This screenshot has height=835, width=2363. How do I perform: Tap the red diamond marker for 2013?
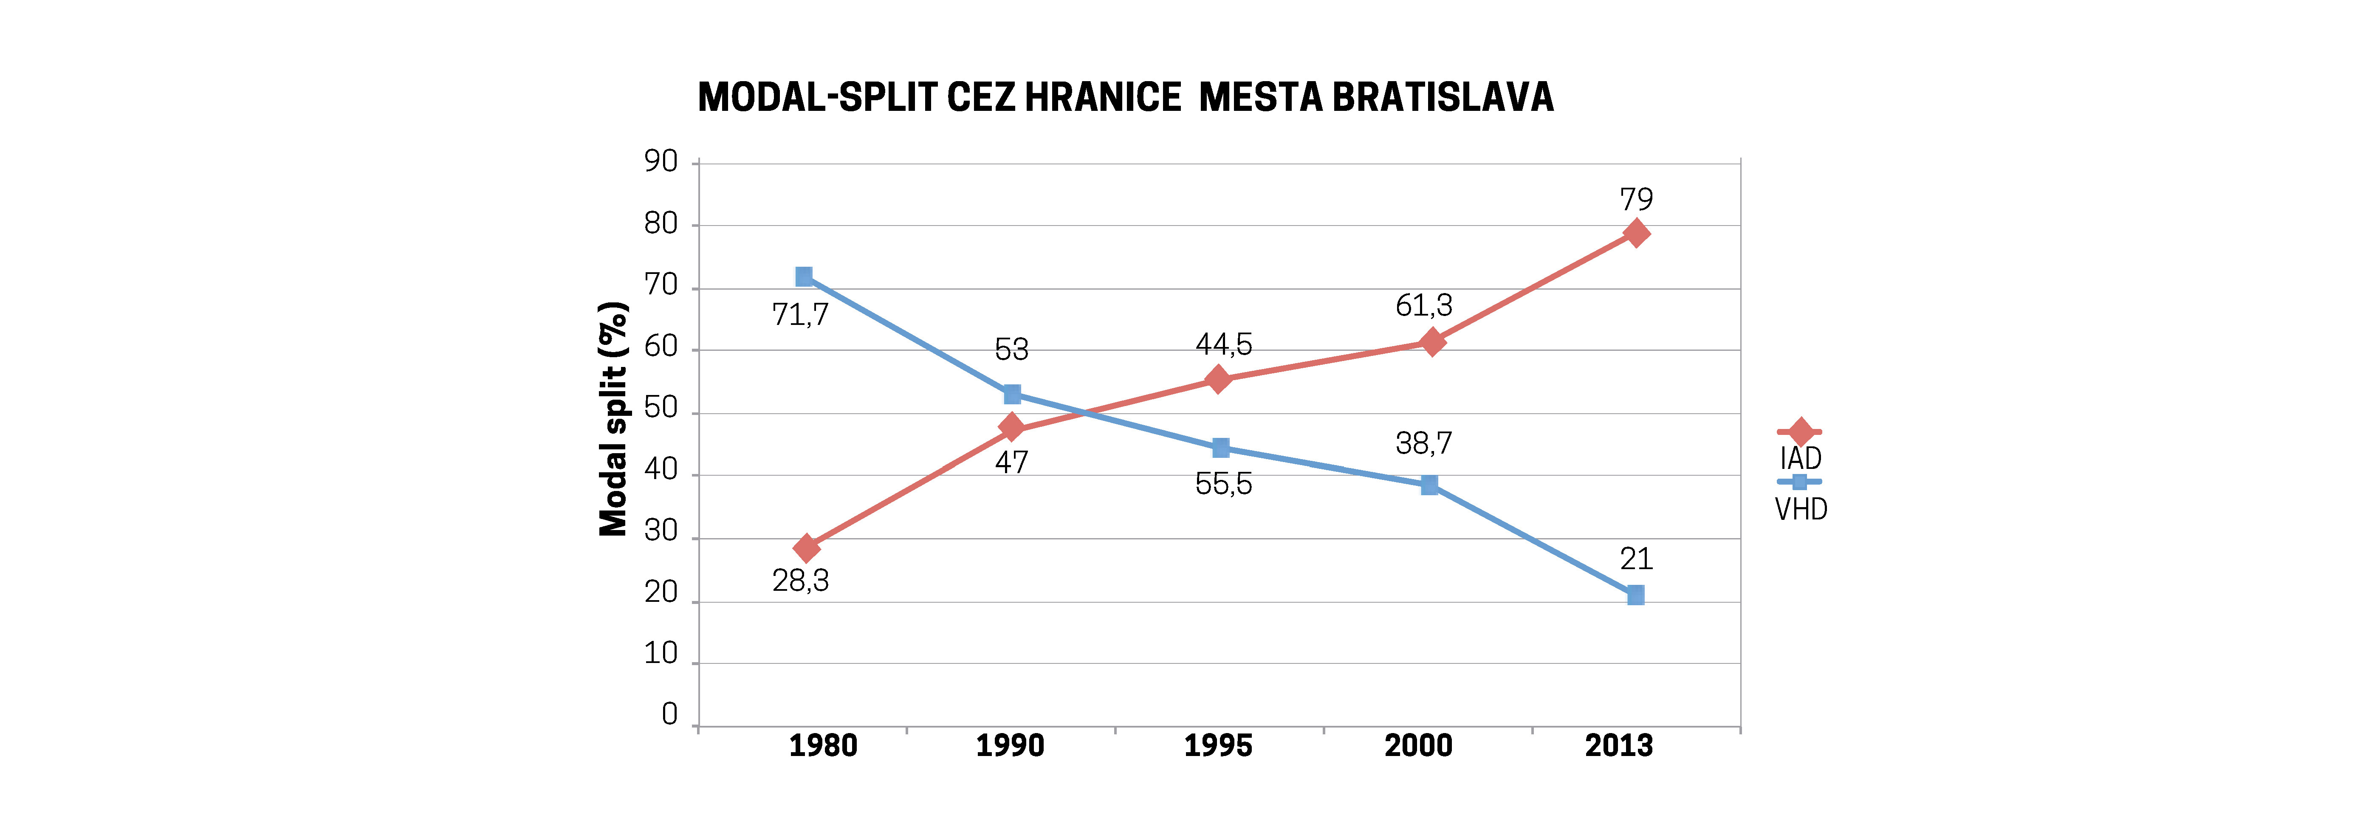[x=1635, y=233]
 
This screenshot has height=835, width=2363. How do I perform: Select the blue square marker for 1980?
[x=804, y=276]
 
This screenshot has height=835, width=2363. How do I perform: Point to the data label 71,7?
[x=800, y=315]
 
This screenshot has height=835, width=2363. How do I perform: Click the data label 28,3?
[x=800, y=581]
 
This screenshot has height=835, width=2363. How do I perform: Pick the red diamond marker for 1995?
[x=1218, y=379]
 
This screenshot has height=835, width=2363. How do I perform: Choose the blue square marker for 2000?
[x=1429, y=485]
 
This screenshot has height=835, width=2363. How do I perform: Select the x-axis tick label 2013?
[x=1619, y=745]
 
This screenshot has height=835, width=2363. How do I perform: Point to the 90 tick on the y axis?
[x=661, y=161]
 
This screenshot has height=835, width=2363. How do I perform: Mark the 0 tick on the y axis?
[x=669, y=714]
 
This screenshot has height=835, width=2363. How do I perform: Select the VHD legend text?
[x=1801, y=509]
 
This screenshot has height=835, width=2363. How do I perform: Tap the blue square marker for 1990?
[x=1012, y=395]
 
